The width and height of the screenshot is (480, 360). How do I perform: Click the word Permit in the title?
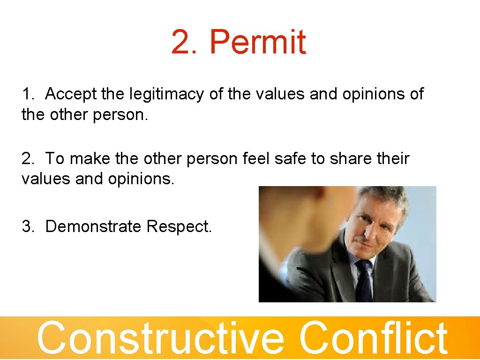click(x=257, y=42)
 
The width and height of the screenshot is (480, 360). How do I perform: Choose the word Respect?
click(x=179, y=227)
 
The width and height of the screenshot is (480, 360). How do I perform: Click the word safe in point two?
click(x=290, y=159)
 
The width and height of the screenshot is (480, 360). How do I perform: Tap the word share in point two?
click(x=345, y=159)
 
